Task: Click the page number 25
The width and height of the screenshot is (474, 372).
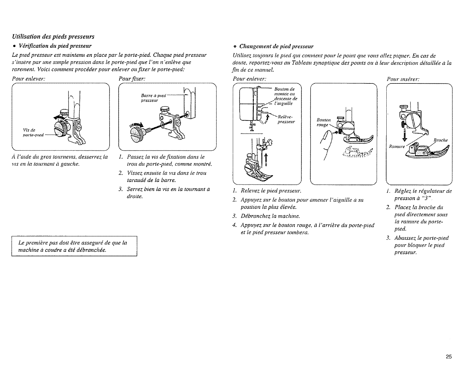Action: coord(448,356)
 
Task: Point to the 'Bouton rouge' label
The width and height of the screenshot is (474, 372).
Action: coord(323,122)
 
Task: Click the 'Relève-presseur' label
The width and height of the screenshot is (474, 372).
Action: coord(286,119)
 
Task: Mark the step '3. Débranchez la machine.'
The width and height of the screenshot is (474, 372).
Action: coord(268,216)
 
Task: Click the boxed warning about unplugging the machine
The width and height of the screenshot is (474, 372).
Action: coord(74,246)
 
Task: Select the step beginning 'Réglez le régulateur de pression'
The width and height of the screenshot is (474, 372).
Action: coord(422,195)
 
